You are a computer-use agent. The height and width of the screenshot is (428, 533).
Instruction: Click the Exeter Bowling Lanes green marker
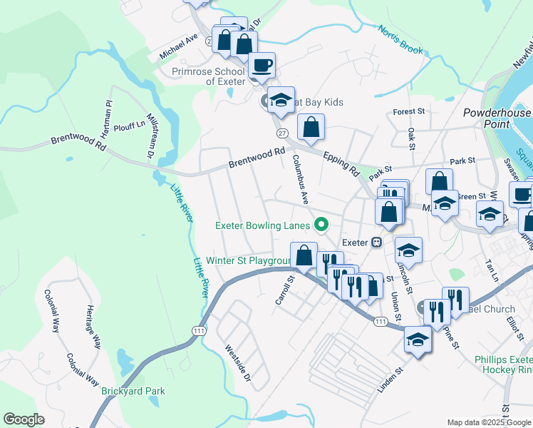(x=321, y=226)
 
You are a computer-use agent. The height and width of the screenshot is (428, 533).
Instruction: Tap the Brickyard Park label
(x=133, y=391)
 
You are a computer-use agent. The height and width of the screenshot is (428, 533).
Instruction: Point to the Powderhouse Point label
(x=497, y=118)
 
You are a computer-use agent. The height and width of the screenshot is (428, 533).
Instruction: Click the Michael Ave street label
(x=178, y=47)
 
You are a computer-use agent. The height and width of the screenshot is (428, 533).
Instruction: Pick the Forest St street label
(x=408, y=112)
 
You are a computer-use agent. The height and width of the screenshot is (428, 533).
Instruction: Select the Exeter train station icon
(x=376, y=243)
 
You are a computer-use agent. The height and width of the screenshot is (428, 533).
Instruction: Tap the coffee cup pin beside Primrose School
(x=262, y=66)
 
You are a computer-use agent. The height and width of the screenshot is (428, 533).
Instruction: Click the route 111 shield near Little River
(x=198, y=330)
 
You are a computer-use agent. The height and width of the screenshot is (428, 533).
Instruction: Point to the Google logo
(x=24, y=419)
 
